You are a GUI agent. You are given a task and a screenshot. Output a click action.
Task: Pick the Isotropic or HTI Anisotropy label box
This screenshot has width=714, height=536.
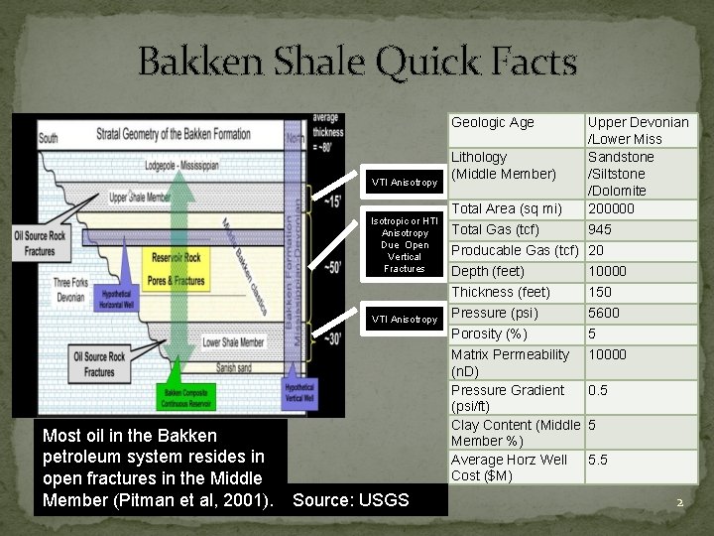point(403,245)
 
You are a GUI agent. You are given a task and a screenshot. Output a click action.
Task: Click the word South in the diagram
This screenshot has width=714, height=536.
point(47,137)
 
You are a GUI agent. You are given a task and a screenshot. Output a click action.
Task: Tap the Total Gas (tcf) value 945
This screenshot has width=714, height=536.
point(601,229)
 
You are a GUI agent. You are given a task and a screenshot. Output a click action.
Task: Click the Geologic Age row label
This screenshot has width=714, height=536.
point(493,122)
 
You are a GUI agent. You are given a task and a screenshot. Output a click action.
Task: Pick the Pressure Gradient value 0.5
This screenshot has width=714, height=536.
point(598,390)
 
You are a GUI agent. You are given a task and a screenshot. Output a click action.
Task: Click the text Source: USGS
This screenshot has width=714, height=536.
point(351,499)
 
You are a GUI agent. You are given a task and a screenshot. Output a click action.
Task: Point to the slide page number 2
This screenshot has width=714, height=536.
point(680,502)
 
